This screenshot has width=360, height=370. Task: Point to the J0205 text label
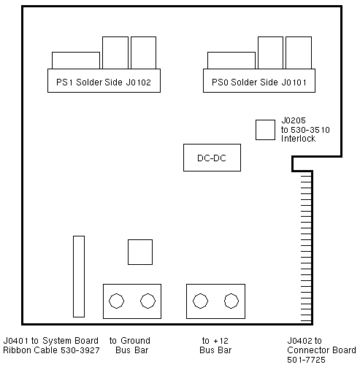click(294, 120)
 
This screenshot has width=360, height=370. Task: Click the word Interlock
click(298, 139)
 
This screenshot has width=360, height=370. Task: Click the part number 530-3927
click(80, 350)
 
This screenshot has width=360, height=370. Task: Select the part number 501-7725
click(306, 360)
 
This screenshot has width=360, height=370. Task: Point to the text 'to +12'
click(215, 341)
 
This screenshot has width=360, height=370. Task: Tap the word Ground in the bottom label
click(135, 341)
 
